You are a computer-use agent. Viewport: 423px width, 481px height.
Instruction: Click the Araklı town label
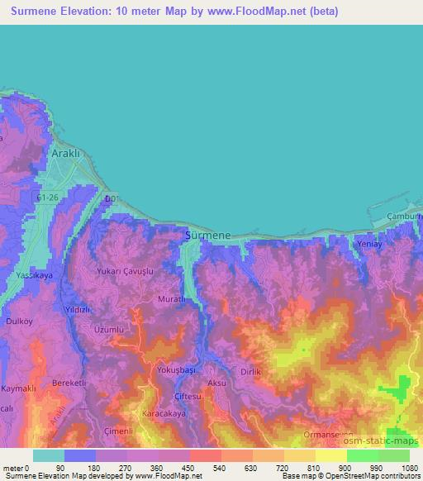[x=66, y=154]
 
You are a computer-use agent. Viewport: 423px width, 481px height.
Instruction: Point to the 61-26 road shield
[x=50, y=198]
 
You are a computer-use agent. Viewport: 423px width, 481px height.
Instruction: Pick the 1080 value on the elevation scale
[x=409, y=468]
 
